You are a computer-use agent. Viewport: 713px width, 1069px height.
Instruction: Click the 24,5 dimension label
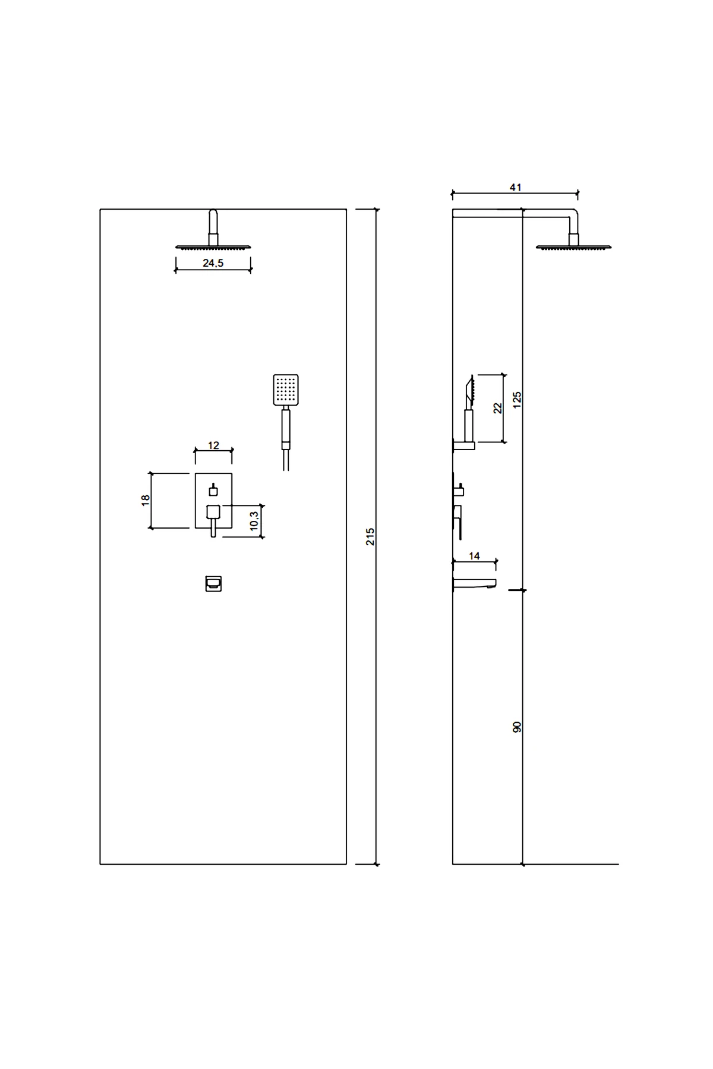213,263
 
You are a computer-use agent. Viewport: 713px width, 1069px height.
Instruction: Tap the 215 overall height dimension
370,536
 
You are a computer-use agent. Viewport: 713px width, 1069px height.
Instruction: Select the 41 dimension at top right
515,187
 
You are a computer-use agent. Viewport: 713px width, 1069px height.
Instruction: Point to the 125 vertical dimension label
517,398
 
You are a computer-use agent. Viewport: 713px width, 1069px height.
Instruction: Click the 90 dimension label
517,726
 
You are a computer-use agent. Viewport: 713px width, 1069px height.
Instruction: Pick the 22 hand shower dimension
498,407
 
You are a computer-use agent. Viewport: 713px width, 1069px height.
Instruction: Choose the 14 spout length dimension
474,556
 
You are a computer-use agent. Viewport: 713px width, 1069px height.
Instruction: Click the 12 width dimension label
213,445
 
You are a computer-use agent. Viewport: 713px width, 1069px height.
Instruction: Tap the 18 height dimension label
146,500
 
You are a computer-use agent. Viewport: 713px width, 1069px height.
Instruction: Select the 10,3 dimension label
254,521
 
